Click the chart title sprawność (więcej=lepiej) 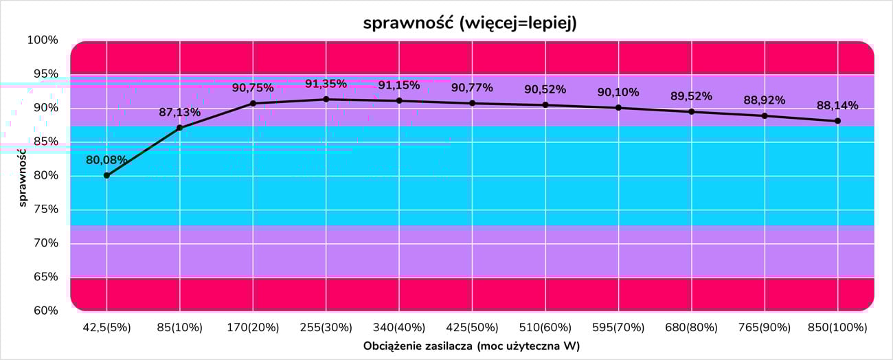[x=470, y=23]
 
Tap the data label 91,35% [x=326, y=85]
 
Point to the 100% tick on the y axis [x=43, y=40]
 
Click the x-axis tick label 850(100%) [x=837, y=327]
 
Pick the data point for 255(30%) [x=326, y=100]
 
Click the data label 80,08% [x=106, y=160]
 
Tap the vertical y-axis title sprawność [x=23, y=176]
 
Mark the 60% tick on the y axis [x=43, y=311]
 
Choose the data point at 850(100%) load [x=837, y=121]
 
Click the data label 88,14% [x=837, y=106]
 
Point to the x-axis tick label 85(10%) [x=179, y=327]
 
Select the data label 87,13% [x=179, y=113]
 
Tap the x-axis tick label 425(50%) [x=472, y=327]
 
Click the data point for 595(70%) [x=618, y=108]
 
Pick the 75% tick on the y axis [x=43, y=210]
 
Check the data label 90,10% [x=618, y=93]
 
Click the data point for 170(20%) [x=253, y=103]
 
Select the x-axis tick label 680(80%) [x=691, y=327]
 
